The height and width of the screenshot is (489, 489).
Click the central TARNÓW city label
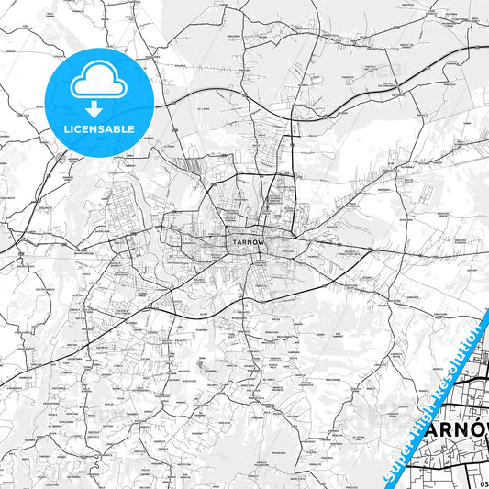(240, 242)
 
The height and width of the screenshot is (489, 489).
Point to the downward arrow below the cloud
(95, 107)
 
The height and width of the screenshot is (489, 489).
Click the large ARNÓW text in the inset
(453, 429)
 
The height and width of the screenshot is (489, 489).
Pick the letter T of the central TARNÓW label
(227, 242)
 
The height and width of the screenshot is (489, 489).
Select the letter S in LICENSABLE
(103, 128)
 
